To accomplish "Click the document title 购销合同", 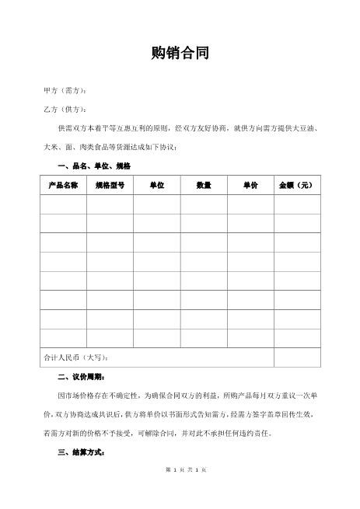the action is click(x=180, y=54).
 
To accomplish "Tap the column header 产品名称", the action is click(x=63, y=186).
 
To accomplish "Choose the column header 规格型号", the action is click(x=110, y=186).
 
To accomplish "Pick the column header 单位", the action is click(x=156, y=186).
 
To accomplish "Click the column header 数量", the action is click(x=204, y=186).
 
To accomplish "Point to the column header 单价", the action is click(x=250, y=186).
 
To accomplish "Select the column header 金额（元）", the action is click(x=296, y=186).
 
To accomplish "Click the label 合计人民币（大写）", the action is click(x=79, y=357).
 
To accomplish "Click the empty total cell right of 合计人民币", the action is click(x=296, y=357).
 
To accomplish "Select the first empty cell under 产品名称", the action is click(x=63, y=204).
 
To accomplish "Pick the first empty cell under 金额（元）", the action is click(x=296, y=204).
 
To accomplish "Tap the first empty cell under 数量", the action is click(x=204, y=204).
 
